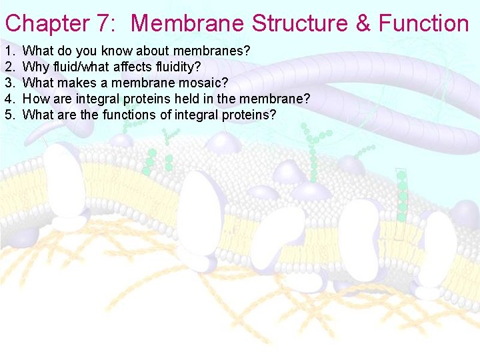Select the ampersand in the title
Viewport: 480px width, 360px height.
[363, 23]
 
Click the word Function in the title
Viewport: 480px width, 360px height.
[424, 23]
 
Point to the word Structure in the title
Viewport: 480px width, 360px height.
[301, 23]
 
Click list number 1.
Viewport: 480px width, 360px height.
[9, 51]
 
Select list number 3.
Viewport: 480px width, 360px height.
[9, 83]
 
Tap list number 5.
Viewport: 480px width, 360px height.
[9, 115]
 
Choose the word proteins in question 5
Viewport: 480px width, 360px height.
[244, 115]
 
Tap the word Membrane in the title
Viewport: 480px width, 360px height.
[189, 23]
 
